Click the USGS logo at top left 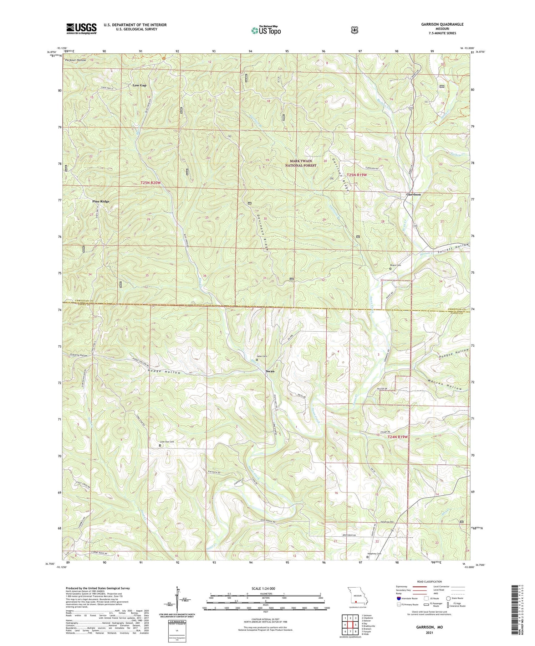[81, 29]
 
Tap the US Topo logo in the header [266, 31]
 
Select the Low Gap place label [139, 86]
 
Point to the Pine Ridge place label [101, 201]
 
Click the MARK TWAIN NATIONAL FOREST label [303, 163]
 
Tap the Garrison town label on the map [413, 195]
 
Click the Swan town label [270, 371]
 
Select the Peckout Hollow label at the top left [76, 60]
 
